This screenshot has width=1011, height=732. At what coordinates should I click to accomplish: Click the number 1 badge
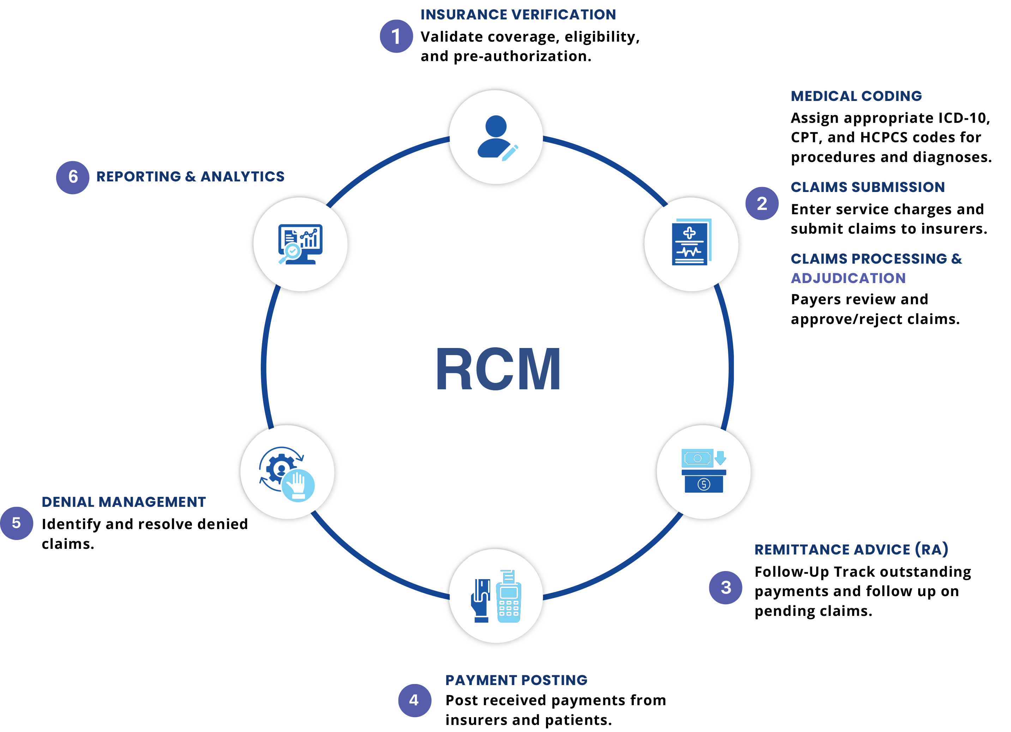tap(396, 36)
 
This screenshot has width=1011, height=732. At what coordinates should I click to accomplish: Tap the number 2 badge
tap(762, 203)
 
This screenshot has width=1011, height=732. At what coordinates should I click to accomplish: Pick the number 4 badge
tap(414, 700)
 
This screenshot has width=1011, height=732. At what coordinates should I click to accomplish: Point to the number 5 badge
tap(17, 523)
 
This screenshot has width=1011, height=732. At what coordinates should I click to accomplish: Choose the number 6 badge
tap(73, 177)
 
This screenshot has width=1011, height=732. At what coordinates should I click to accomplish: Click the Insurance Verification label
tap(518, 15)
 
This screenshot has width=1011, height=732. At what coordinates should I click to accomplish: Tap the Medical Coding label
tap(856, 96)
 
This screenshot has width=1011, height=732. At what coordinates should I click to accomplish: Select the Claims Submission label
tap(867, 187)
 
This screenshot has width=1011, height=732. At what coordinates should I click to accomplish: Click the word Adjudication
tap(848, 278)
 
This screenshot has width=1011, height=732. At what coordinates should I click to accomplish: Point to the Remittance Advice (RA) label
tap(850, 549)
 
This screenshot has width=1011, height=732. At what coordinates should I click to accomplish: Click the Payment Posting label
tap(516, 680)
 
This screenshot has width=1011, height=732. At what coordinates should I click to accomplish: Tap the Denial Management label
tap(124, 502)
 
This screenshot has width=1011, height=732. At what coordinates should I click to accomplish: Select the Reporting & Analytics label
tap(190, 176)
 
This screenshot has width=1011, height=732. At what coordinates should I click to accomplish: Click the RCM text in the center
tap(498, 369)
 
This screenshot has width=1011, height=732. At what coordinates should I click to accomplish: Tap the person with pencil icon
tap(496, 137)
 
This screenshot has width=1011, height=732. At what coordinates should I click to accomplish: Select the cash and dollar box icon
tap(703, 472)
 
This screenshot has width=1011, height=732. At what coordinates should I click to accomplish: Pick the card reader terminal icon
tap(496, 596)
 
